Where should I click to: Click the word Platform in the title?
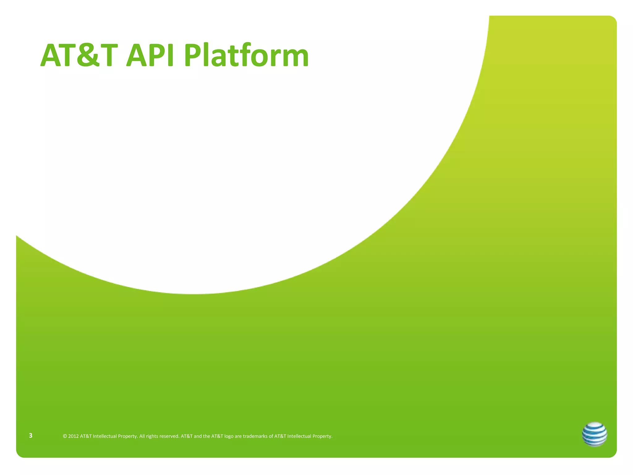pyautogui.click(x=246, y=56)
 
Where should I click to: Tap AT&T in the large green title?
pyautogui.click(x=79, y=56)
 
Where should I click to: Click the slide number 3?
pyautogui.click(x=31, y=435)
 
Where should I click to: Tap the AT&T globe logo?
pyautogui.click(x=594, y=434)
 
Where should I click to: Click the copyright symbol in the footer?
pyautogui.click(x=65, y=436)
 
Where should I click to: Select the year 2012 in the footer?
pyautogui.click(x=73, y=436)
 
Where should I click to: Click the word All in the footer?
pyautogui.click(x=142, y=436)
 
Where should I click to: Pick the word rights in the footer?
pyautogui.click(x=152, y=436)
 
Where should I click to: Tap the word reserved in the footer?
pyautogui.click(x=169, y=436)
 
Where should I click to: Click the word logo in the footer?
pyautogui.click(x=229, y=436)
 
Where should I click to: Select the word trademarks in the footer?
pyautogui.click(x=255, y=436)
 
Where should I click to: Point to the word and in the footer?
pyautogui.click(x=198, y=436)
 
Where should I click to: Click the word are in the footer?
pyautogui.click(x=238, y=436)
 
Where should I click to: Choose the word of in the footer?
pyautogui.click(x=271, y=436)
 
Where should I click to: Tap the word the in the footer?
pyautogui.click(x=206, y=436)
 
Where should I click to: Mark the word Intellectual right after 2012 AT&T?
pyautogui.click(x=105, y=436)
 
